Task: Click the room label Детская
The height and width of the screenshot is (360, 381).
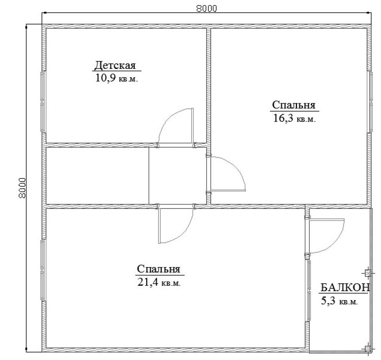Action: (x=115, y=66)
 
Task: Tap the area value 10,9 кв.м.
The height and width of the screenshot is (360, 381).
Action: (x=116, y=78)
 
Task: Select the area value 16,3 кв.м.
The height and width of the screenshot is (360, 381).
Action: (x=295, y=118)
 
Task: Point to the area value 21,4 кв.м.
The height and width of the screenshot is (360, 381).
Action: (x=159, y=282)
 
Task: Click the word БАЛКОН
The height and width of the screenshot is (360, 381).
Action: (x=345, y=288)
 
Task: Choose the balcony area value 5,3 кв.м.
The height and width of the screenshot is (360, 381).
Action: (x=339, y=301)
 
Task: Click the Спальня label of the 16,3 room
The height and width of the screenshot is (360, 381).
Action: (x=293, y=105)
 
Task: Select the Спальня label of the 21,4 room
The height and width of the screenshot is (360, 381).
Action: (x=158, y=269)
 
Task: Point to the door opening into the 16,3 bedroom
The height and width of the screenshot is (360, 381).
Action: (x=228, y=174)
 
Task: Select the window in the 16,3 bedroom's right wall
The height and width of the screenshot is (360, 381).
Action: (x=371, y=102)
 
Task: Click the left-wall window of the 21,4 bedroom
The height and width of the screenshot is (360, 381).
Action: (x=42, y=271)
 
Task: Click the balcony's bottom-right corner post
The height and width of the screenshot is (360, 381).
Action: (x=368, y=349)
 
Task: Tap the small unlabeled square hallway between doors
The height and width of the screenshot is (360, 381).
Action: (x=177, y=176)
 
